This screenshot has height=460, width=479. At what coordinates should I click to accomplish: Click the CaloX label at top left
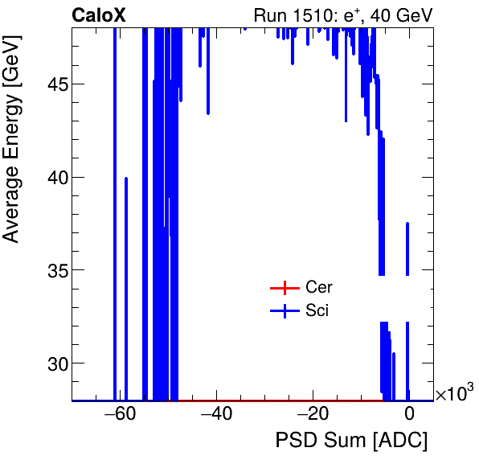[97, 15]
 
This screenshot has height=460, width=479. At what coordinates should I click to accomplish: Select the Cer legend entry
[319, 288]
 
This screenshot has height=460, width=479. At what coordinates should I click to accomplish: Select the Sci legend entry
[317, 311]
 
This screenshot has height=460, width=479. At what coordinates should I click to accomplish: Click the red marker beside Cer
[284, 288]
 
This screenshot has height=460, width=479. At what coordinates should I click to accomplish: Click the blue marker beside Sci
[284, 311]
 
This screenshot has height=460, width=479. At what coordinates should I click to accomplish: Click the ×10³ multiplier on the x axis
[453, 394]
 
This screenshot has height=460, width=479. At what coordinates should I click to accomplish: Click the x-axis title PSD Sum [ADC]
[351, 442]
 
